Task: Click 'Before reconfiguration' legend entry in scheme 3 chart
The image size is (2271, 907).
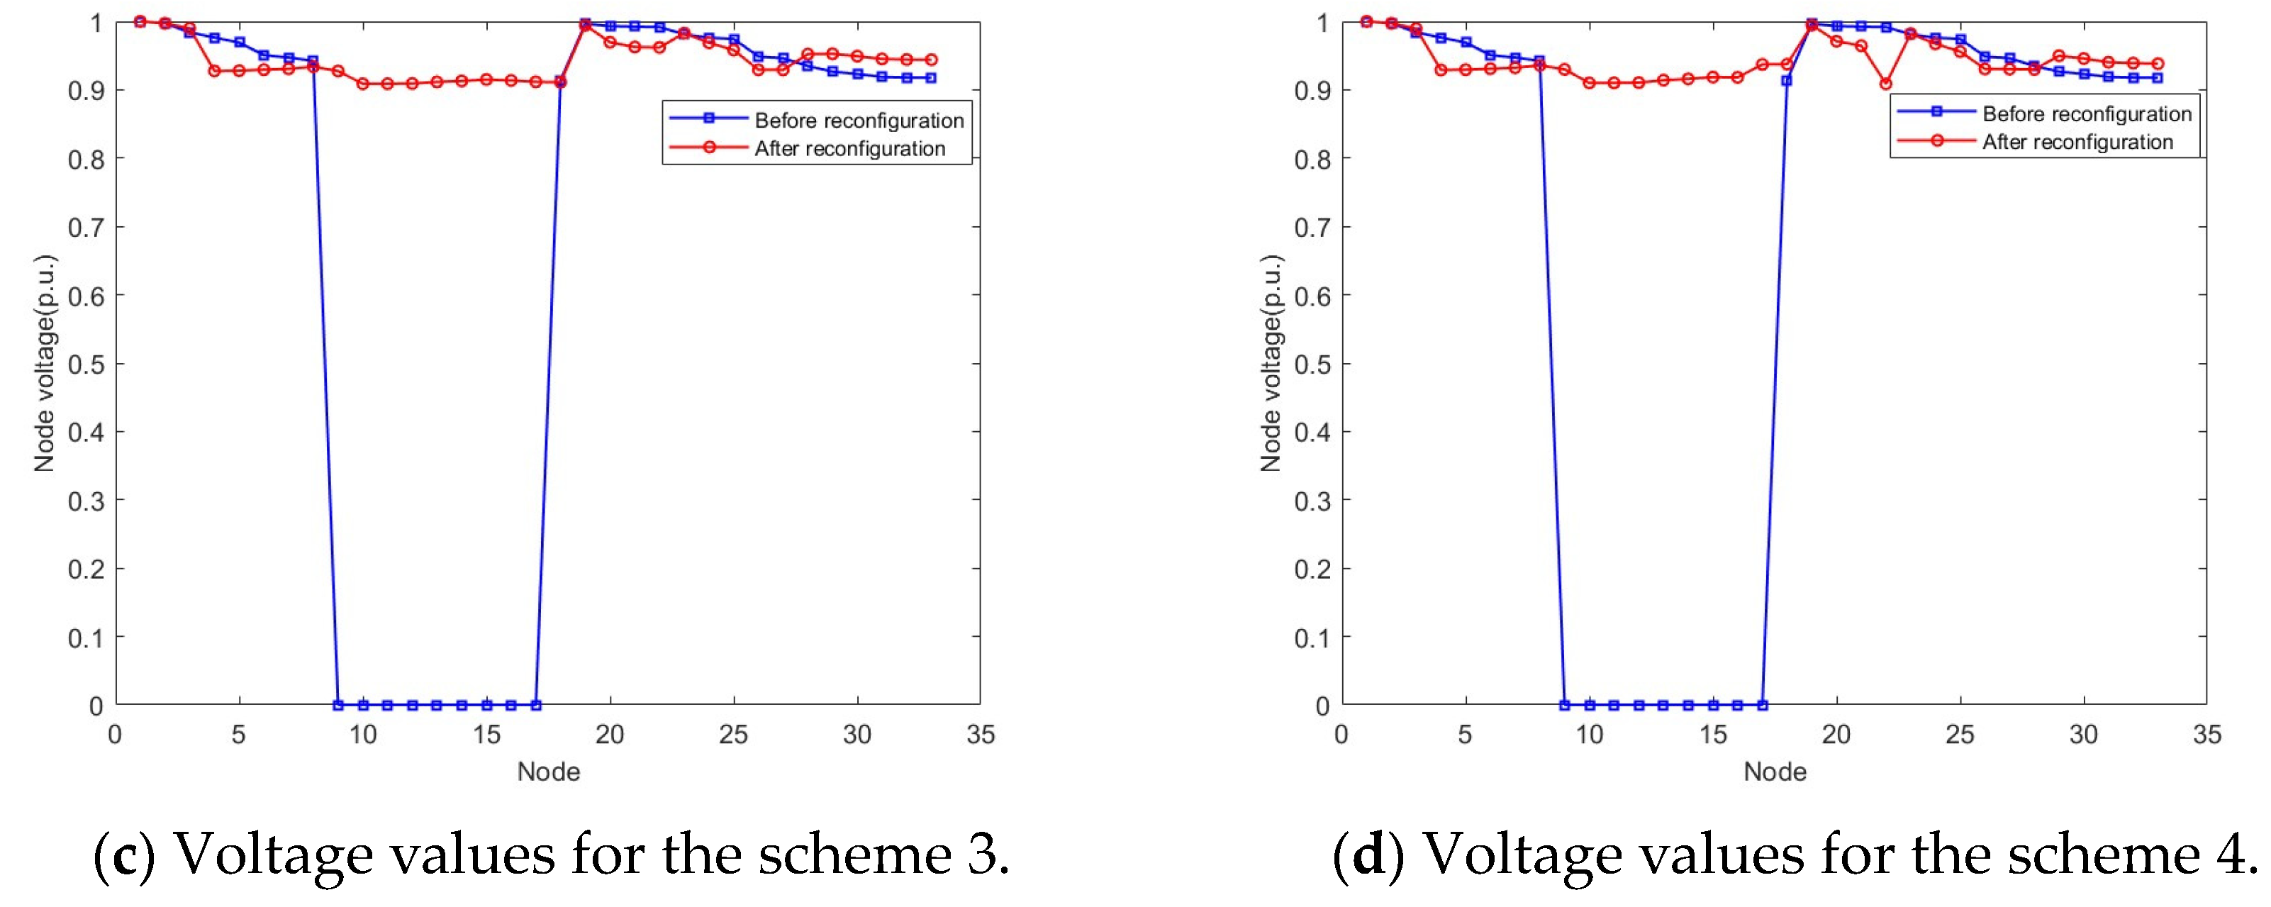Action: [859, 120]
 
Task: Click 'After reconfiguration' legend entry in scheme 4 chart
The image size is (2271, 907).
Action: [2077, 142]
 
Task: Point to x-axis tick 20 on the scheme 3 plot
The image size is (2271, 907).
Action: [609, 734]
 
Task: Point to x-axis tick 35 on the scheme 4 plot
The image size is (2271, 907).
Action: [2206, 734]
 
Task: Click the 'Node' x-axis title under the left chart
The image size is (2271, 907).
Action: [548, 772]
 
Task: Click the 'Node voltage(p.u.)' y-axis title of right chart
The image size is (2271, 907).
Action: [1271, 363]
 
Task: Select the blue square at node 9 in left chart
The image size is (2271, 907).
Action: [337, 705]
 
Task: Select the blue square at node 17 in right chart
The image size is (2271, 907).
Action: [1763, 705]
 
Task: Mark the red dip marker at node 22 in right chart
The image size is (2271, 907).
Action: [1886, 84]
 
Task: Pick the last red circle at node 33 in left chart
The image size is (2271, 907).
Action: [931, 60]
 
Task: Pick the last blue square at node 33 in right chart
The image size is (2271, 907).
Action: [2158, 77]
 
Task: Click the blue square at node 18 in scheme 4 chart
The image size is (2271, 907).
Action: [1787, 80]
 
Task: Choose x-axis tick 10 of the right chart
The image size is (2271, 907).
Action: [1589, 734]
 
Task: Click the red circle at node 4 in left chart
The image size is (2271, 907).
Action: [214, 70]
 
